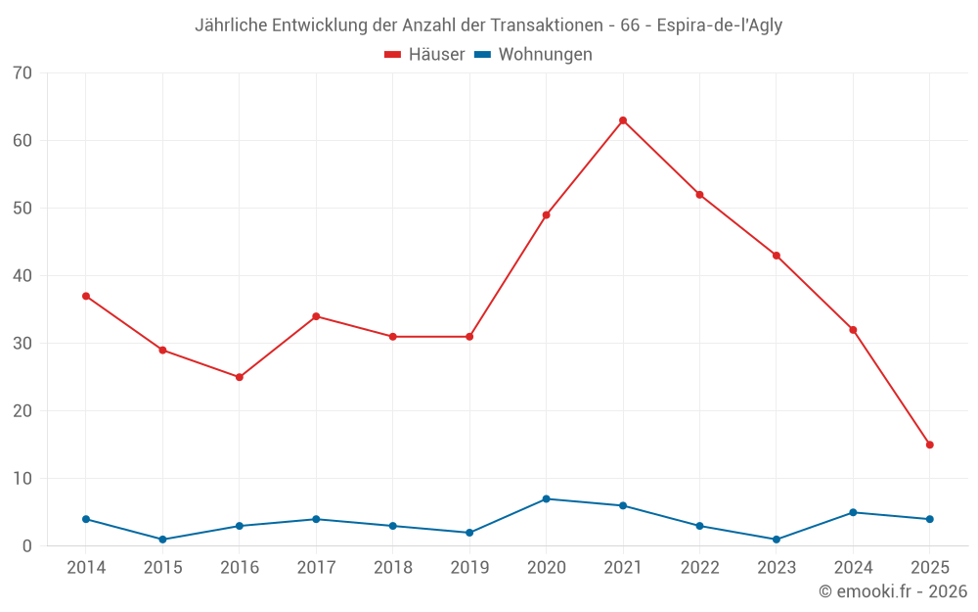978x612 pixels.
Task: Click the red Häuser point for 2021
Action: [x=623, y=120]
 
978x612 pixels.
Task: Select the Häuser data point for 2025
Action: [x=930, y=445]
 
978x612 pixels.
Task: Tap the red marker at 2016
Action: [x=240, y=377]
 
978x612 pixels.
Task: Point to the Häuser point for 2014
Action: [x=86, y=296]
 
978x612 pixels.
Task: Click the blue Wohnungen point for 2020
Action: [x=546, y=499]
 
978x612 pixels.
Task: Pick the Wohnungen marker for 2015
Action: [x=162, y=540]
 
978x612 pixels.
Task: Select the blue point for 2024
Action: [x=853, y=512]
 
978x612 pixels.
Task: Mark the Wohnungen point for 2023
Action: [x=777, y=540]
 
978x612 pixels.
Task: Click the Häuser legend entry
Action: [x=424, y=55]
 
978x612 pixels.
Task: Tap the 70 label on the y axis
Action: [x=22, y=73]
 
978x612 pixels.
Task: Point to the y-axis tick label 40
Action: [x=22, y=276]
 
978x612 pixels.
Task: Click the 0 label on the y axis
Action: [x=27, y=546]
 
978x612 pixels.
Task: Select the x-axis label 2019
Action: [x=469, y=569]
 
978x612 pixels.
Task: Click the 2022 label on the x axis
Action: [x=699, y=569]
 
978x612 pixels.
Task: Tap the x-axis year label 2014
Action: [x=86, y=569]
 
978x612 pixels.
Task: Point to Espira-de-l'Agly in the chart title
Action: [x=719, y=25]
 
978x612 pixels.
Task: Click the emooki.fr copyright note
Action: [x=893, y=591]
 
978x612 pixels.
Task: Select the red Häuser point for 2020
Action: [x=546, y=215]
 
